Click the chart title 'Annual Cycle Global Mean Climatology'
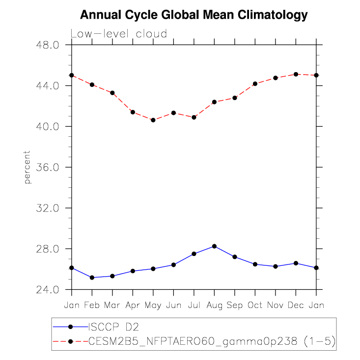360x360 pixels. [194, 15]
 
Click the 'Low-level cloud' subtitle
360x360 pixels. [119, 34]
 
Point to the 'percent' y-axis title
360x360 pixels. [28, 167]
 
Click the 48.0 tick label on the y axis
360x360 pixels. [49, 45]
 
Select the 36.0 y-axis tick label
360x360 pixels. [49, 167]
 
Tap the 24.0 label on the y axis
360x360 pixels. [49, 289]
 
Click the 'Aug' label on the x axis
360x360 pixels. [214, 305]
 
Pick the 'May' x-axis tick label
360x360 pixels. [153, 306]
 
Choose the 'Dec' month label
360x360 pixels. [296, 305]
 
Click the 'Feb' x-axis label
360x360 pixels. [92, 305]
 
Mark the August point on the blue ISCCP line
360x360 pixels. [214, 246]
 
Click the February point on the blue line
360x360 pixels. [92, 278]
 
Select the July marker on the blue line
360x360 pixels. [194, 254]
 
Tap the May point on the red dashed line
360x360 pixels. [153, 120]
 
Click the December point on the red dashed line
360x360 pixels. [296, 74]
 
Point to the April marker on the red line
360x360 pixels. [133, 112]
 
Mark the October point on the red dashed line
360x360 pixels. [255, 84]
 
